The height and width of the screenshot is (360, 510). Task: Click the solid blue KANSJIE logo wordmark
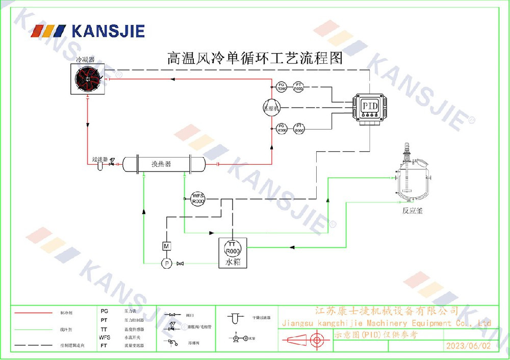(108, 31)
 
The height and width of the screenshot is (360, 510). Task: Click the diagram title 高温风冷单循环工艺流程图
(255, 58)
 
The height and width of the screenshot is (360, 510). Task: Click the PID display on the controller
(369, 105)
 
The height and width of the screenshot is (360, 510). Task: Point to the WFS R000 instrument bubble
(198, 198)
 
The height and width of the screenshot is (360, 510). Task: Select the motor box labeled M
(166, 246)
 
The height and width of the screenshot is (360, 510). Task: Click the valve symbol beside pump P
(180, 263)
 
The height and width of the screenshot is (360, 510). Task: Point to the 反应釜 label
(412, 210)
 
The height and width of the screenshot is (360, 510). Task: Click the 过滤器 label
(99, 159)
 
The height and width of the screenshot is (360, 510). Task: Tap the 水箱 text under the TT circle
(233, 262)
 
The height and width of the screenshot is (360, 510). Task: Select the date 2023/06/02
(468, 346)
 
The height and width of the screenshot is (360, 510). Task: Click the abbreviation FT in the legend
(104, 345)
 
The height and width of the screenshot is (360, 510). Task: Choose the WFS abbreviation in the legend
(105, 337)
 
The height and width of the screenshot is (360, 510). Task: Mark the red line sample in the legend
(33, 312)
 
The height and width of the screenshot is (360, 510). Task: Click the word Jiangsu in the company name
(297, 323)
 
